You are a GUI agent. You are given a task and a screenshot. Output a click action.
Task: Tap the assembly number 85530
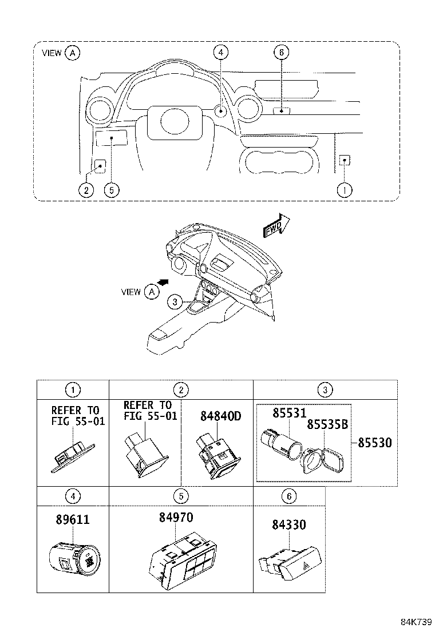375,443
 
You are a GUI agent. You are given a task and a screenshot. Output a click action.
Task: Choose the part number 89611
73,520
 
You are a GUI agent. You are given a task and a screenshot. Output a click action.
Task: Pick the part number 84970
176,517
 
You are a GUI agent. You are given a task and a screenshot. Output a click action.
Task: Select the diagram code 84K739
415,621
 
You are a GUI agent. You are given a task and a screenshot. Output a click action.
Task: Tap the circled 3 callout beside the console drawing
176,301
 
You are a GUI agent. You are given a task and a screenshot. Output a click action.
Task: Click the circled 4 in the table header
73,496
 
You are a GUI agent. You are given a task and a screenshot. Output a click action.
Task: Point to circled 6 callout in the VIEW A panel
280,53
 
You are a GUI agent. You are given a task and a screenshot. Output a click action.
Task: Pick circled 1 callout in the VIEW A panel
345,189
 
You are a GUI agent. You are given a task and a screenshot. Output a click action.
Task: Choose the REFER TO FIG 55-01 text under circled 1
75,416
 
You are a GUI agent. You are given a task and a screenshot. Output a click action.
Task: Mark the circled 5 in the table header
181,496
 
